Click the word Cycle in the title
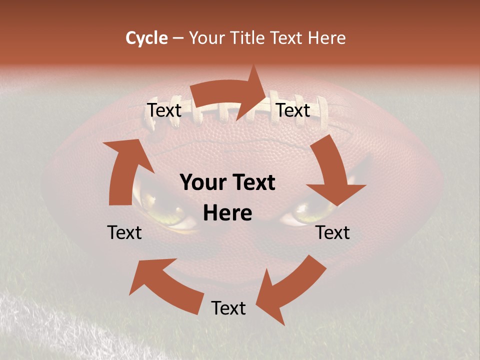(146, 38)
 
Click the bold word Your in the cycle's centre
(202, 183)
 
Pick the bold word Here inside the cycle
(227, 213)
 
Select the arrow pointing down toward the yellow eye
(332, 172)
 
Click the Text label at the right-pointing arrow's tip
(293, 110)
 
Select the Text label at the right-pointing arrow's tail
(164, 110)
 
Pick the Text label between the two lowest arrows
(228, 308)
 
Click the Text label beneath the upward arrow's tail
(124, 232)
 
